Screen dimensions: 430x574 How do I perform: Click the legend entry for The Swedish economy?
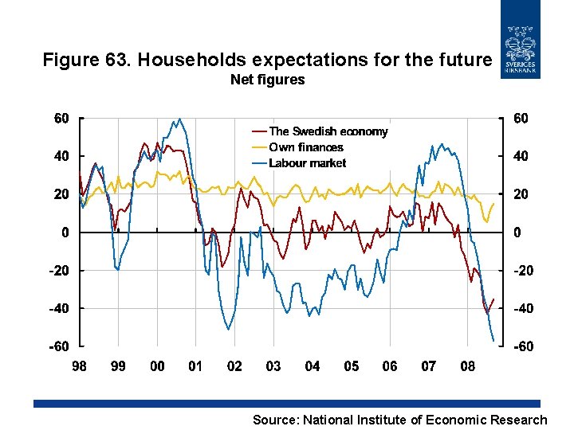328,131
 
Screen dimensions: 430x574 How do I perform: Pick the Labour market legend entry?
307,163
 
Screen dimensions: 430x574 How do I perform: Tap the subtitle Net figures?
267,80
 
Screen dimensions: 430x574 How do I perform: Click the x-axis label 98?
80,366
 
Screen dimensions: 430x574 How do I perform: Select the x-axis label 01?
196,366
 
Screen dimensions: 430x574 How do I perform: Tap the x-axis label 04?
313,366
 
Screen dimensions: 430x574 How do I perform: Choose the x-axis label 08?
468,366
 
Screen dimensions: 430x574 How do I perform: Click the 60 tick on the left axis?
61,119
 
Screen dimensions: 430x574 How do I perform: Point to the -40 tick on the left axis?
58,309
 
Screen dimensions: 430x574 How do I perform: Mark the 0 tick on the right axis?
517,233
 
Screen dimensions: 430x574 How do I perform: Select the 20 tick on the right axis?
520,195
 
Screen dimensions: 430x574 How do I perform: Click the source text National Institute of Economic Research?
423,420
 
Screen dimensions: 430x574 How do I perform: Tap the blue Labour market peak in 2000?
180,119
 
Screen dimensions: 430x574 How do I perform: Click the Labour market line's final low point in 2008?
493,341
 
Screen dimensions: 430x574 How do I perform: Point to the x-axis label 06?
390,366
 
